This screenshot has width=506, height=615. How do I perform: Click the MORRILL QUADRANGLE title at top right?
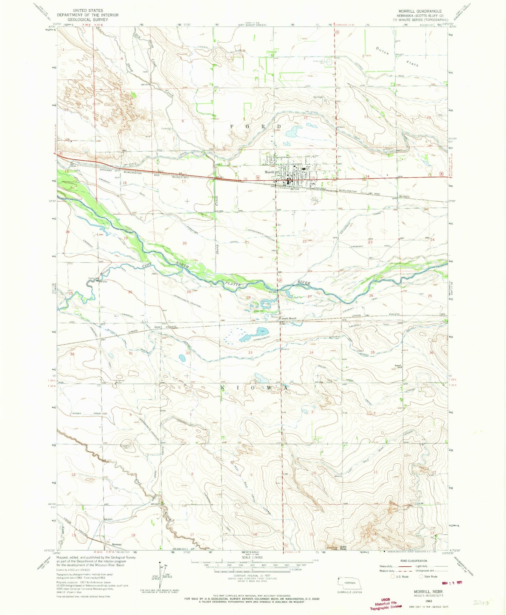pos(420,11)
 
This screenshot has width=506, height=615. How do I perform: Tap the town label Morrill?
pos(269,172)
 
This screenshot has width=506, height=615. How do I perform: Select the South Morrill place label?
pos(290,319)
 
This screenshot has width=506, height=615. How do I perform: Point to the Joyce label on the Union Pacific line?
pos(158,327)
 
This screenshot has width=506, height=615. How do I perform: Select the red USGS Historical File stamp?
pos(386,603)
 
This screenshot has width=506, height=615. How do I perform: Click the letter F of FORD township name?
pos(231,126)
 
